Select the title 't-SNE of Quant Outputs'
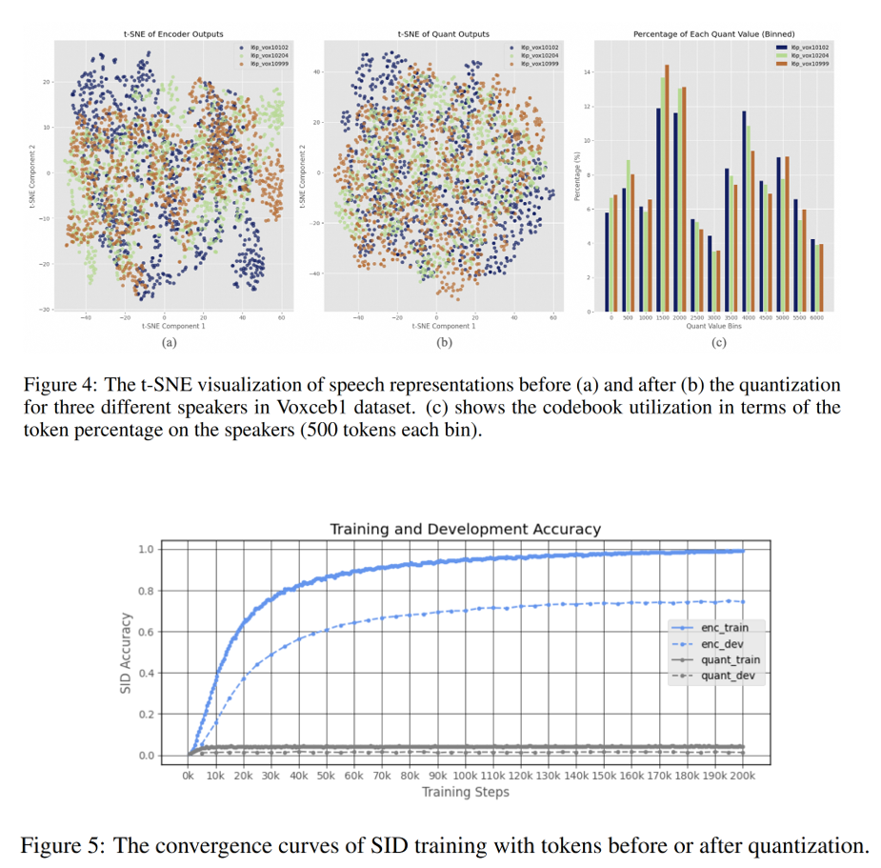444,34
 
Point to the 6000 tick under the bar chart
817,318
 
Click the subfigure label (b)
444,341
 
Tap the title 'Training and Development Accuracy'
465,529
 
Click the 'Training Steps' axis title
465,792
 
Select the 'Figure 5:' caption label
76,844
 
